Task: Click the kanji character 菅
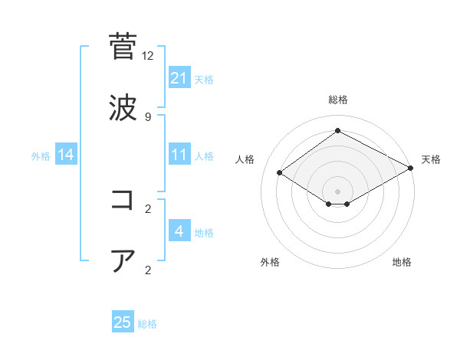(123, 47)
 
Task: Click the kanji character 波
(123, 106)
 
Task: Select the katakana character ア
(123, 260)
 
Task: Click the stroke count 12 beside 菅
(148, 56)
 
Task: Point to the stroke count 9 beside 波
(148, 116)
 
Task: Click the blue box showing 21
(179, 77)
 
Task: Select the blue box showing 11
(179, 155)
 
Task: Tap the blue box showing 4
(179, 231)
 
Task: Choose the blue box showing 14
(66, 155)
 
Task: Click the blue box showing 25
(123, 322)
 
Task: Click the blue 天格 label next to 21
(204, 79)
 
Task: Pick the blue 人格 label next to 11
(204, 156)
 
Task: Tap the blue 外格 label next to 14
(41, 156)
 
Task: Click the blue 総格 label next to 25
(147, 324)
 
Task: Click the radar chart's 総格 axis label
(337, 100)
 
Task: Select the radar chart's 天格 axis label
(431, 159)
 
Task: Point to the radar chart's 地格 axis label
(402, 262)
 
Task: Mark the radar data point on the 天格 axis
(411, 168)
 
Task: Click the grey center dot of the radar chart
(337, 190)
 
